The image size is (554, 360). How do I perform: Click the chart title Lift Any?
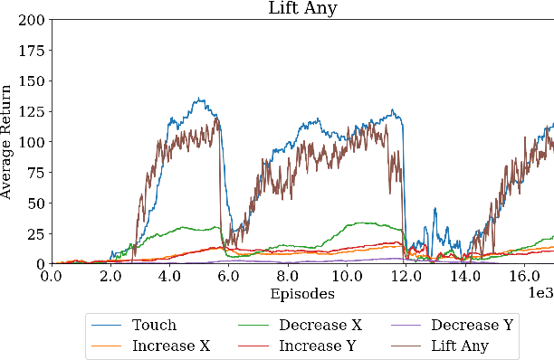click(301, 8)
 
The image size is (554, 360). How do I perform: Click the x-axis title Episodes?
click(301, 294)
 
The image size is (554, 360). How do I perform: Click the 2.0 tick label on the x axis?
click(110, 277)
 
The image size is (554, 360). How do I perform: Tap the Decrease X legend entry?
click(316, 325)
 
